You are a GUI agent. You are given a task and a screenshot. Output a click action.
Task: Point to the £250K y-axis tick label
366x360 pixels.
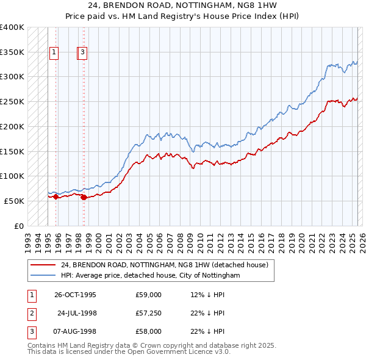(x=12, y=101)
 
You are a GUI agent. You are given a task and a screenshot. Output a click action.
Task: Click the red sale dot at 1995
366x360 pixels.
(x=56, y=196)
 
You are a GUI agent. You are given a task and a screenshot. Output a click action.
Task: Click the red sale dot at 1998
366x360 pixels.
(x=84, y=197)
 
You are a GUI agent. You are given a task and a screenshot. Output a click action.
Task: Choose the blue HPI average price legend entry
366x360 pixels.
(x=150, y=276)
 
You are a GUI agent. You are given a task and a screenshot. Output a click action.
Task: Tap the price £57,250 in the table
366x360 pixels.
(x=149, y=313)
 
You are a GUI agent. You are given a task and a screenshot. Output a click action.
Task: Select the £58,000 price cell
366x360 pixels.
(x=149, y=331)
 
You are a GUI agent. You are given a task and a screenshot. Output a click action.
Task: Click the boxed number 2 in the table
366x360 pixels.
(x=30, y=313)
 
